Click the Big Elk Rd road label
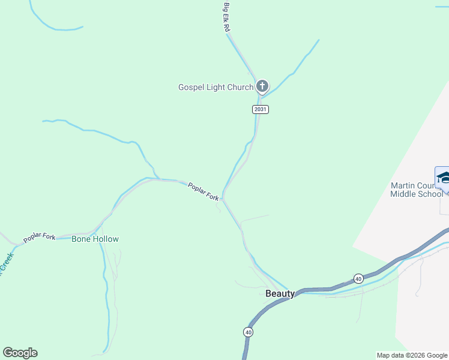(228, 17)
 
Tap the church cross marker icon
(262, 86)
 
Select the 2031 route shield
(260, 109)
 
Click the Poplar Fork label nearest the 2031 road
(203, 192)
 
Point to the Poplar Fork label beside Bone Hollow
(40, 238)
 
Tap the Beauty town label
(280, 293)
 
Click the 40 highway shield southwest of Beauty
(248, 332)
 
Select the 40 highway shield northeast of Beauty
(358, 278)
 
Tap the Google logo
(20, 353)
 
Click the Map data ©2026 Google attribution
(411, 355)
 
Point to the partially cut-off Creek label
(5, 264)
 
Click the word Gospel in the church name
(191, 87)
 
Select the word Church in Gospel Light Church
(240, 87)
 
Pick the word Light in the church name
(216, 87)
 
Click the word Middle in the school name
(402, 193)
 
